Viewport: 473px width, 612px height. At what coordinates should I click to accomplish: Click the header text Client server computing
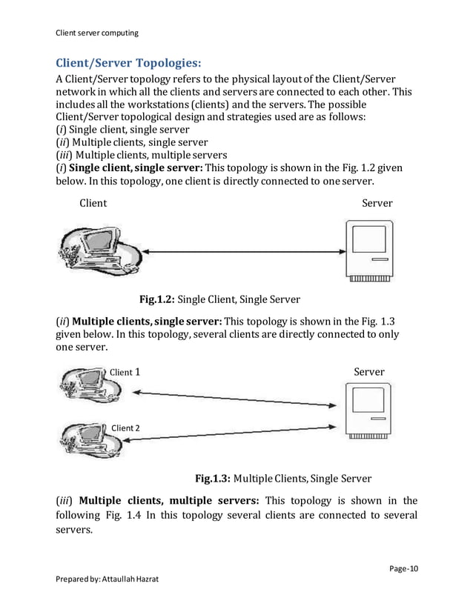[x=97, y=33]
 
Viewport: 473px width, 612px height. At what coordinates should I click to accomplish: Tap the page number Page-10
[x=403, y=569]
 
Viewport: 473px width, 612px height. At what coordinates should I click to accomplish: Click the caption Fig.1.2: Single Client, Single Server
[x=220, y=299]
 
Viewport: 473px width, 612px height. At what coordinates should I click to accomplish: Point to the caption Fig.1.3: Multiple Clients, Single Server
[x=282, y=479]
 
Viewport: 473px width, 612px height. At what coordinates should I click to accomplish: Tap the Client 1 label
[x=125, y=372]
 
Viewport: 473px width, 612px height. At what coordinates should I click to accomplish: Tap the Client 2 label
[x=125, y=428]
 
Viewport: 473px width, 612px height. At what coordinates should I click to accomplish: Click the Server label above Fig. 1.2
[x=377, y=203]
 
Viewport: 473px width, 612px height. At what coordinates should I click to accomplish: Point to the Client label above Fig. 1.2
[x=93, y=203]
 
